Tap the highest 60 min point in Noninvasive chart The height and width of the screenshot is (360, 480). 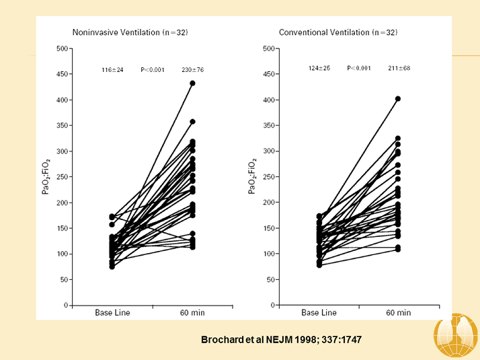192,83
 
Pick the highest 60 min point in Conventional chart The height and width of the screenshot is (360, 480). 398,99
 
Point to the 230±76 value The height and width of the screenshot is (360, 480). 192,69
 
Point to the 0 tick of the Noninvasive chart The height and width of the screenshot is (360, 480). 67,305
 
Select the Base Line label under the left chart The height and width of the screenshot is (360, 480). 112,313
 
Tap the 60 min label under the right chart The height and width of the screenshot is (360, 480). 398,313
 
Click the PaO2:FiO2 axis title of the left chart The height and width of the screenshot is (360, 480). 48,177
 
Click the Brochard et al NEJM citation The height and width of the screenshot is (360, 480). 281,340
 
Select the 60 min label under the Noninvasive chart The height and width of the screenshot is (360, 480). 192,313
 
